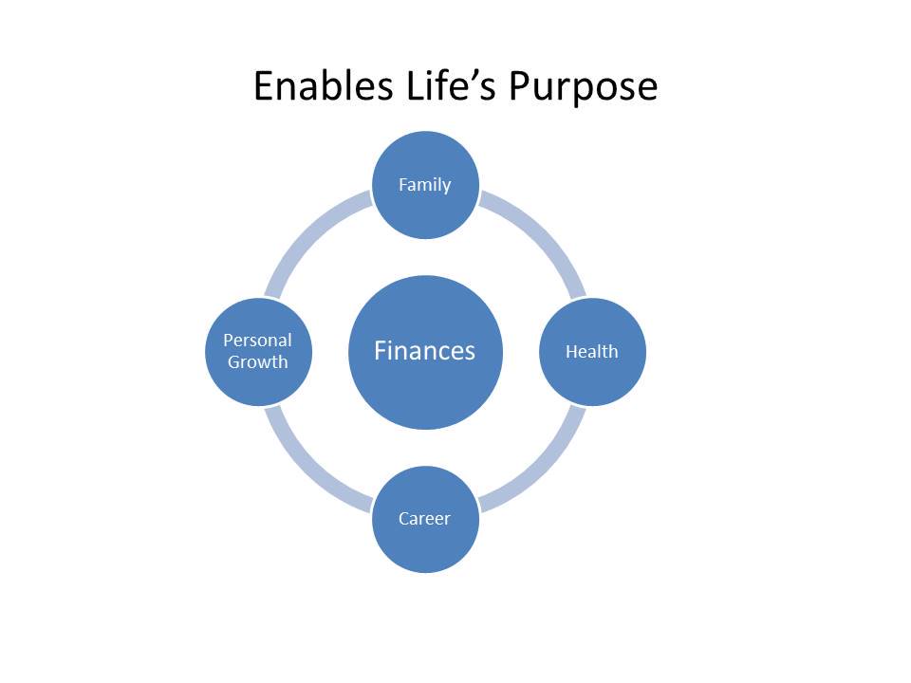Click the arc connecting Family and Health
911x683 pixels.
[x=548, y=237]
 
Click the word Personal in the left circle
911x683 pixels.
[x=257, y=340]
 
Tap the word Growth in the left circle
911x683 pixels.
[x=257, y=361]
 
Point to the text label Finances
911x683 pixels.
[x=424, y=351]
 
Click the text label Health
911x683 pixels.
[x=591, y=351]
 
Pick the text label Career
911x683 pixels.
[x=424, y=518]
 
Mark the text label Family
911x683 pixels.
[x=424, y=184]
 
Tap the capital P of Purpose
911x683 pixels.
[x=519, y=86]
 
